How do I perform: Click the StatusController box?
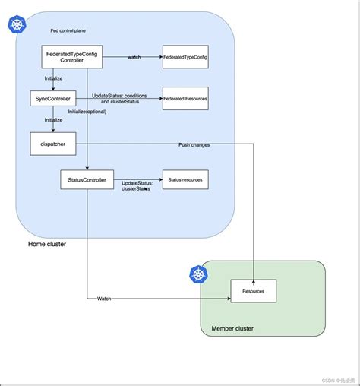coord(87,180)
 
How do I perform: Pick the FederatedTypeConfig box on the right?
coord(185,57)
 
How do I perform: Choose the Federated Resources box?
coord(185,99)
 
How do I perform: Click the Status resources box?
coord(185,180)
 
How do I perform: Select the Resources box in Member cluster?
coord(254,291)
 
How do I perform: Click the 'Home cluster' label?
coord(47,244)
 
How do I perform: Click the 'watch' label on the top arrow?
coord(134,58)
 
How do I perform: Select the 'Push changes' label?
coord(194,144)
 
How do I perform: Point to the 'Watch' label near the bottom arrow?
coord(104,299)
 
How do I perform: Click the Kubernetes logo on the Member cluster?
coord(198,274)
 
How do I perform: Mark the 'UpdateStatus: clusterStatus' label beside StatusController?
coord(137,185)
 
